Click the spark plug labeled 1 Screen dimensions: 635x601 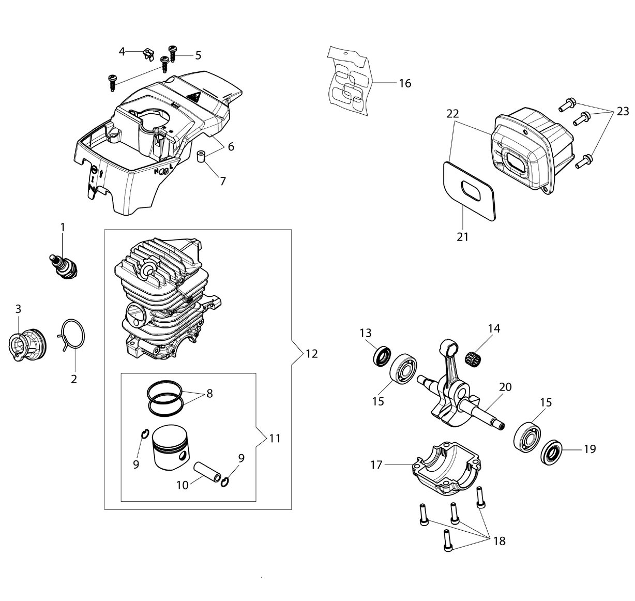(64, 266)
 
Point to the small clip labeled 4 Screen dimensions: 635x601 (148, 55)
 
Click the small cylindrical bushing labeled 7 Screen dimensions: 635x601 (202, 157)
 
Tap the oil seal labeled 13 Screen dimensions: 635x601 (382, 356)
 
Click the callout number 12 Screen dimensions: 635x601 (312, 354)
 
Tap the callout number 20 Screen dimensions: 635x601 (506, 387)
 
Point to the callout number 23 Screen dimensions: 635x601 (623, 111)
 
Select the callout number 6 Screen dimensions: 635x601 (231, 147)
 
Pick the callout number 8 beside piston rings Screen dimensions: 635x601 (209, 394)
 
